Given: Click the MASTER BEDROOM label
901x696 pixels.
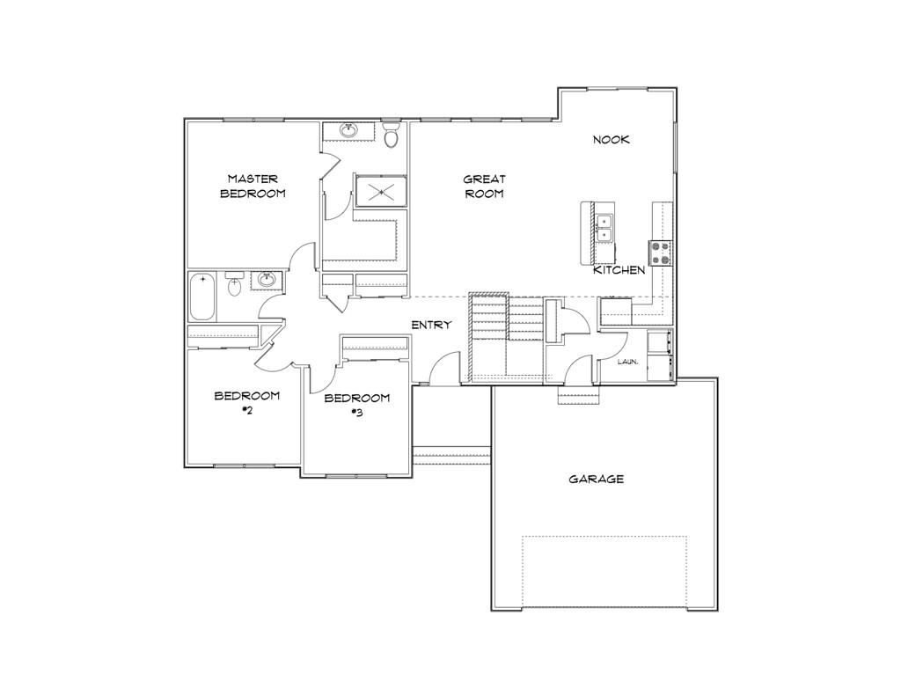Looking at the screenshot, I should [x=252, y=186].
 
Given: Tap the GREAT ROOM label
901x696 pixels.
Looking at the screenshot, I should [x=483, y=186].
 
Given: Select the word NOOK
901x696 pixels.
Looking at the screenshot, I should [x=611, y=139].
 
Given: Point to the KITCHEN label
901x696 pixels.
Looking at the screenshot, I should [x=619, y=270].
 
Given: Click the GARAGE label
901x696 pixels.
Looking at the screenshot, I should [x=596, y=480].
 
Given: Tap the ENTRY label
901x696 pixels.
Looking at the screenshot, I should [x=431, y=326].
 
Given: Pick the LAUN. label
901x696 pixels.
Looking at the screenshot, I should [x=626, y=362].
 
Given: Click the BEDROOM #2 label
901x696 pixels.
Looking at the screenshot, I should [x=246, y=402].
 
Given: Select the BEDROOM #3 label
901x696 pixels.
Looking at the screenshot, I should [x=356, y=405].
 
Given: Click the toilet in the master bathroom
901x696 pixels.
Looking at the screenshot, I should [x=392, y=136].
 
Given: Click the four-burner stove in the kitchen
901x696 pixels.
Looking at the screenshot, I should [x=660, y=253].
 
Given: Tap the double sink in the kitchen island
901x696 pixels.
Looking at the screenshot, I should [x=604, y=228].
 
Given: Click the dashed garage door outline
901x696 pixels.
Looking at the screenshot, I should [x=604, y=571].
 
